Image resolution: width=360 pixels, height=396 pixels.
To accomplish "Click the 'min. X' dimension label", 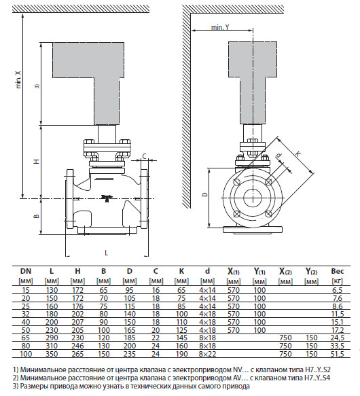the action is point(18,79).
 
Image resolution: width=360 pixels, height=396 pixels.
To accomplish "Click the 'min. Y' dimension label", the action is point(220,27).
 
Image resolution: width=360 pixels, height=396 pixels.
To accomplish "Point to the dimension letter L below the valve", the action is point(107,253).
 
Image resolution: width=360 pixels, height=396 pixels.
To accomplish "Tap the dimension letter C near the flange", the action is point(144,157).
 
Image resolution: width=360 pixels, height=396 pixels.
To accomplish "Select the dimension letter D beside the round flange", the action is point(205,194).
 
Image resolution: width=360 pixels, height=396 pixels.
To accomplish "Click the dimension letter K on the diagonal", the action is point(298,154).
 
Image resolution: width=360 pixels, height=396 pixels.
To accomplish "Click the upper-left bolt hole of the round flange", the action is point(236,182).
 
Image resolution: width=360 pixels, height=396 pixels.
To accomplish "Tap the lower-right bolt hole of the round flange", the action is point(268,214).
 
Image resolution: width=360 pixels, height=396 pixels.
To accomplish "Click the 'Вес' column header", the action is point(338,271).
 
